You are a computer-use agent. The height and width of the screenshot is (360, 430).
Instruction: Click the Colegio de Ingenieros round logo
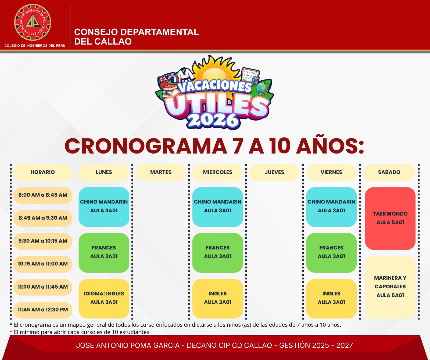click(33, 22)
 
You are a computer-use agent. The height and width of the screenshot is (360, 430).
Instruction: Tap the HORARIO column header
click(42, 172)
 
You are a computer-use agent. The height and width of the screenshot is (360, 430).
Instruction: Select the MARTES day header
click(161, 172)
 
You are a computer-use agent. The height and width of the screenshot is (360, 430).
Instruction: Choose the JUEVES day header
click(274, 172)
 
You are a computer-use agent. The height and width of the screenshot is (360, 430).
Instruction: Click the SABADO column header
click(389, 172)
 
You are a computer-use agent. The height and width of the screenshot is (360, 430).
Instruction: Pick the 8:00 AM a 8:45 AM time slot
click(43, 195)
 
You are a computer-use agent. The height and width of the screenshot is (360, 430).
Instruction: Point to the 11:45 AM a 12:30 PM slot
click(43, 310)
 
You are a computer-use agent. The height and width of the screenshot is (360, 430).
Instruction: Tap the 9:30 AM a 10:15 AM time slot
click(43, 241)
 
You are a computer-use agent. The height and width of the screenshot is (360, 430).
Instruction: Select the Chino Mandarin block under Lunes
click(104, 207)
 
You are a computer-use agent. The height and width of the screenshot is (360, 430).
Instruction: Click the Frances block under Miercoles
click(218, 253)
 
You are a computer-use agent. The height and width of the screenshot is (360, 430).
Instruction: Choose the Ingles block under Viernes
click(331, 299)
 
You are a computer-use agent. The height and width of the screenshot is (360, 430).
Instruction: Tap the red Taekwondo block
click(390, 219)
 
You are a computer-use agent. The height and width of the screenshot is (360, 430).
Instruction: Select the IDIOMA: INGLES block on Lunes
click(104, 299)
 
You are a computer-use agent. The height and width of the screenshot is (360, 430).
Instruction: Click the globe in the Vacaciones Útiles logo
click(262, 88)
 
